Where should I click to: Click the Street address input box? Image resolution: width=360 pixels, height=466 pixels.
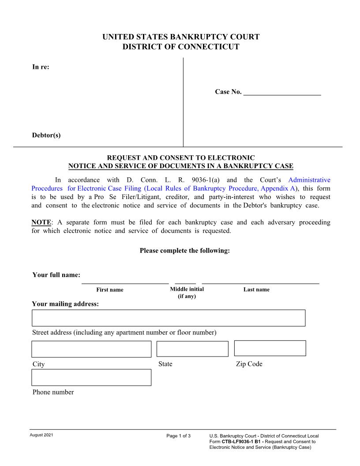pos(169,318)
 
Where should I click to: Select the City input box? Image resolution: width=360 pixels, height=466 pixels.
pos(91,349)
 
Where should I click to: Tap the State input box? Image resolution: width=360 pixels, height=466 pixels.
pos(192,349)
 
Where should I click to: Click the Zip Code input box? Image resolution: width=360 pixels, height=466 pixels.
pos(270,348)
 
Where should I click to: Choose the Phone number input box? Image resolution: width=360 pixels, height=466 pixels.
pos(91,377)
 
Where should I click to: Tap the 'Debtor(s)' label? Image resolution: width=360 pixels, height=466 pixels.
pos(46,135)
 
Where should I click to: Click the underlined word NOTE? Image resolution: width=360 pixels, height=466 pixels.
pos(41,222)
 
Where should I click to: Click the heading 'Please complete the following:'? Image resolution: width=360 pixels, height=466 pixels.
pos(185,251)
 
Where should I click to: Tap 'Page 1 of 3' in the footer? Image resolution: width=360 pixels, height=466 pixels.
pos(179,436)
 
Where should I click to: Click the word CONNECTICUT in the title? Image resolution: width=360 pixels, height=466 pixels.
pos(211,47)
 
